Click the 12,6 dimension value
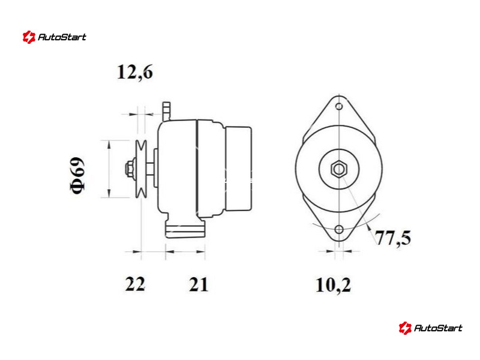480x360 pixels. click(x=135, y=73)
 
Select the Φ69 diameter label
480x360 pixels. click(x=77, y=175)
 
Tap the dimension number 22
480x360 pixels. click(x=135, y=284)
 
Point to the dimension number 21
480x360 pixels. click(x=199, y=284)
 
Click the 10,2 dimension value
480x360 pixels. click(x=333, y=286)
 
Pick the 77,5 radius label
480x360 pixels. click(x=393, y=238)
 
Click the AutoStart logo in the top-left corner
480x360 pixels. click(x=55, y=37)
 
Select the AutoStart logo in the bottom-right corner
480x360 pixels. click(x=431, y=328)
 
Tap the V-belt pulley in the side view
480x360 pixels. click(x=141, y=169)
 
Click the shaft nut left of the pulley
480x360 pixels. click(x=130, y=169)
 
